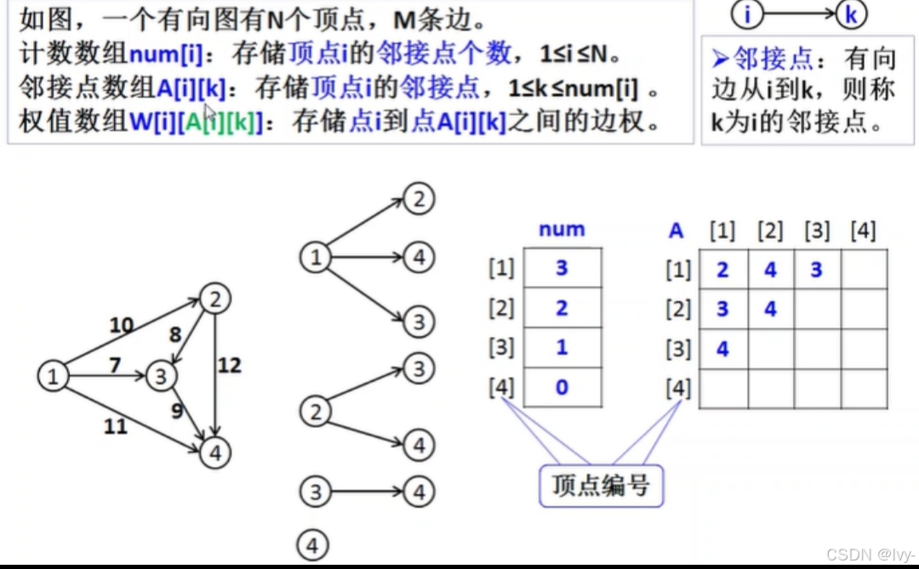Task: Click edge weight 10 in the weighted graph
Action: [x=122, y=325]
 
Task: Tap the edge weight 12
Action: [x=229, y=366]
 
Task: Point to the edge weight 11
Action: [x=116, y=425]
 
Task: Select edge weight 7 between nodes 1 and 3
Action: [x=115, y=366]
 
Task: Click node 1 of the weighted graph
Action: [x=54, y=375]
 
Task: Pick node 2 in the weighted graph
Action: [x=214, y=299]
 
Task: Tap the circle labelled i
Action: [x=747, y=14]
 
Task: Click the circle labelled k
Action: [x=850, y=14]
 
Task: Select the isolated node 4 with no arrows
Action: [x=314, y=545]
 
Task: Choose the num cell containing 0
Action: [x=562, y=388]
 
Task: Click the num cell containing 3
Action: [x=562, y=268]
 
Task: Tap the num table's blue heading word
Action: [x=562, y=229]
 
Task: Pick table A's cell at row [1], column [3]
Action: [x=817, y=270]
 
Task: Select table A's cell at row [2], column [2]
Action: [x=770, y=309]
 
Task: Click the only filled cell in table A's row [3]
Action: [x=722, y=349]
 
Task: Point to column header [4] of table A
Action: [x=863, y=230]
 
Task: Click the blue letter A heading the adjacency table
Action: [x=676, y=230]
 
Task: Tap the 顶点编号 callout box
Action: [x=601, y=486]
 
